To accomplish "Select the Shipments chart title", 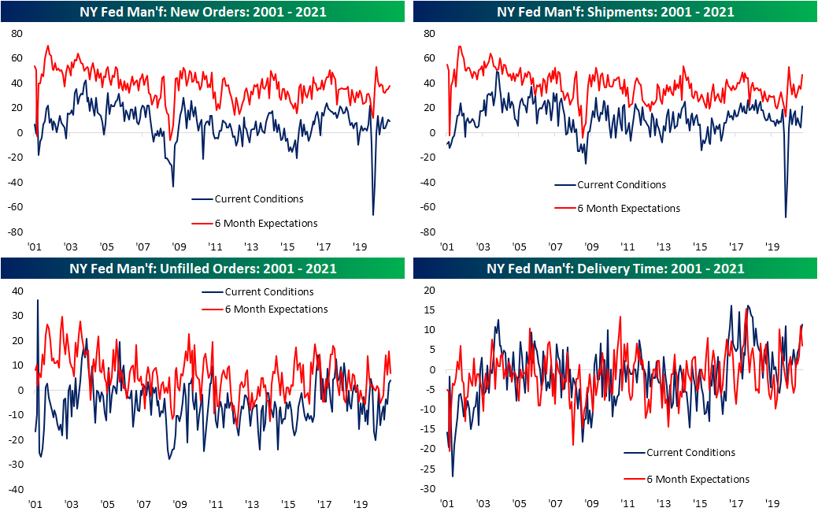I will click(x=614, y=12).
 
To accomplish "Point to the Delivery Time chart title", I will click(x=614, y=269).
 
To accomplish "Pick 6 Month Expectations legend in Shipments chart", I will click(x=628, y=208).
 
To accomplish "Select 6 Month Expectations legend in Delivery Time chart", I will click(x=698, y=479).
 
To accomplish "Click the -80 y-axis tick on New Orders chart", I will click(x=15, y=233).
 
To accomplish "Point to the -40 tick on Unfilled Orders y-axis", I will click(x=15, y=490).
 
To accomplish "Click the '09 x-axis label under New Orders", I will click(x=180, y=246).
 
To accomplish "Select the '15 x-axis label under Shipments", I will click(x=699, y=246).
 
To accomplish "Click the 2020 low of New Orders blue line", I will click(x=372, y=215).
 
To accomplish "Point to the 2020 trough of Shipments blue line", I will click(x=786, y=217).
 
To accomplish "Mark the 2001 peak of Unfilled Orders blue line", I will click(x=38, y=300).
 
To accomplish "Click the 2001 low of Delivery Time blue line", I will click(x=453, y=476).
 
